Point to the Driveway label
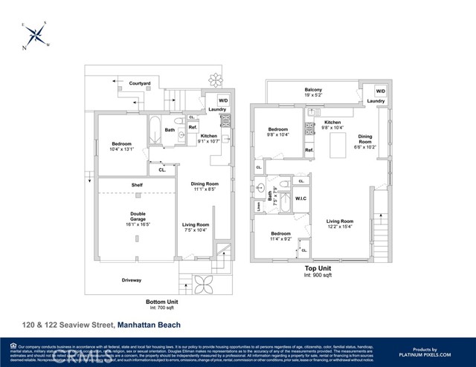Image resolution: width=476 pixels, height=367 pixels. pos(131,280)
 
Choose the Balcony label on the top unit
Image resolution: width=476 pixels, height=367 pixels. pos(312,90)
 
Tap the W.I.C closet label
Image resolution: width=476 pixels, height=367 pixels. pos(300,198)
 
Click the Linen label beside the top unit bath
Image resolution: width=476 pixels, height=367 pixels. pos(259,206)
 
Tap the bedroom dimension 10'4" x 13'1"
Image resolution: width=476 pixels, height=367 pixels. pos(123,149)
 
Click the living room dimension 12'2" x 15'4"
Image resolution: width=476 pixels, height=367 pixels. pos(339,226)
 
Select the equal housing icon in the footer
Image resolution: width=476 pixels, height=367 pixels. pos(13,346)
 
